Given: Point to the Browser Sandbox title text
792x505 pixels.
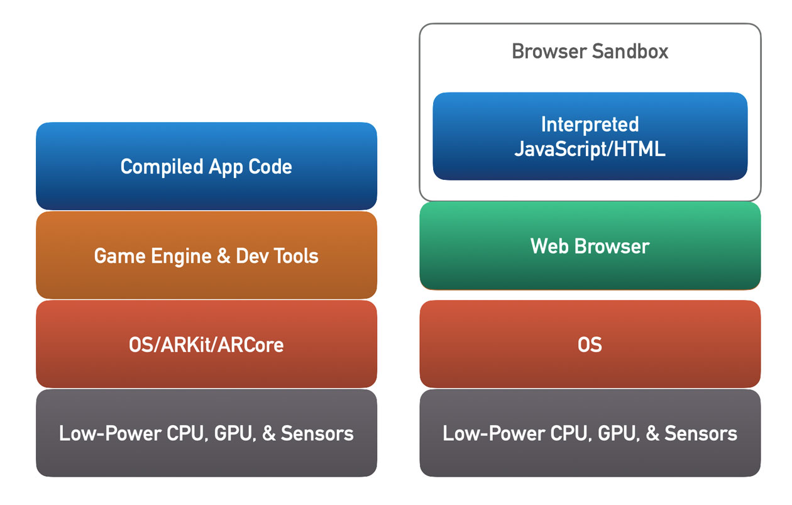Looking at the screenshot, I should coord(590,51).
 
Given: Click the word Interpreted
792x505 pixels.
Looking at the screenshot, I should coord(590,124).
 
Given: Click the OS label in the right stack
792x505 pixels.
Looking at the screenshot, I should coord(590,345).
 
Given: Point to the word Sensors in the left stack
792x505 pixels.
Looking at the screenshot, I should coord(317,433).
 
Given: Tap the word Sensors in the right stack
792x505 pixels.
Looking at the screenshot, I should coord(700,433).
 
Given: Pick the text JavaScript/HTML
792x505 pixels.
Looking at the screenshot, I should coord(590,149).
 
